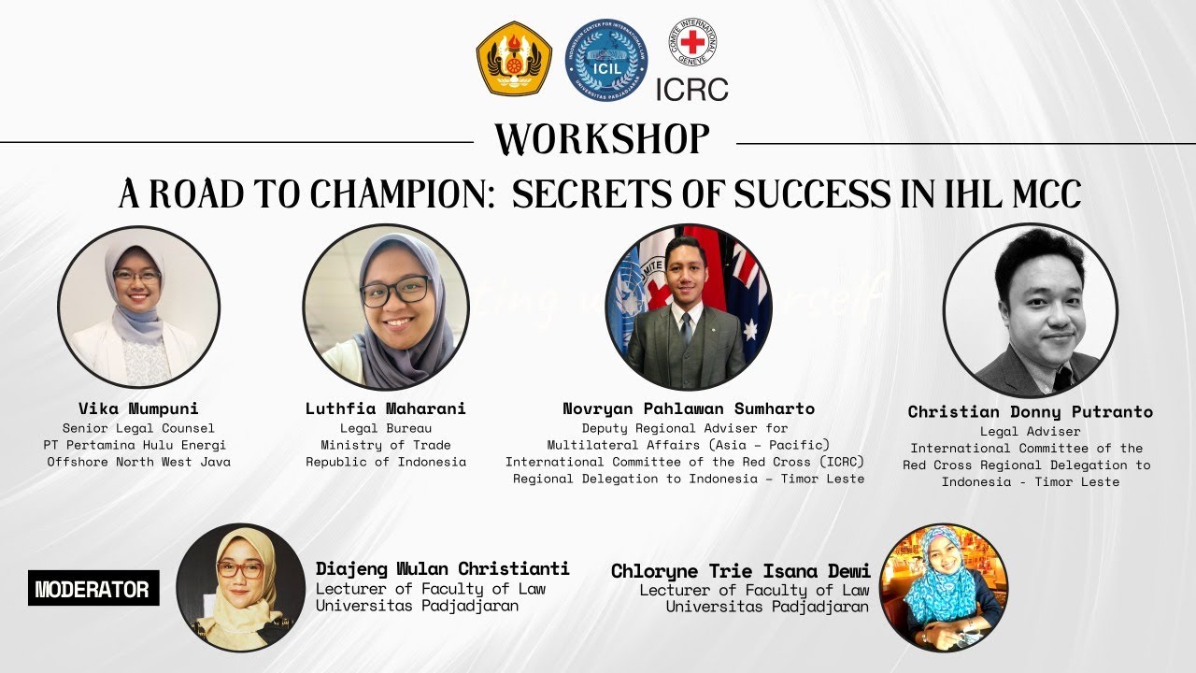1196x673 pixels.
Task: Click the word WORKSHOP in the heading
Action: click(603, 140)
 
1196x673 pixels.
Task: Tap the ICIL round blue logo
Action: click(608, 60)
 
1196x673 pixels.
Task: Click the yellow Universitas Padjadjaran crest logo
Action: click(514, 59)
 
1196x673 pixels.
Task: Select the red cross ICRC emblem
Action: click(692, 43)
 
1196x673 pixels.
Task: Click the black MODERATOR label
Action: click(93, 590)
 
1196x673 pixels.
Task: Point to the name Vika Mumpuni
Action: click(138, 409)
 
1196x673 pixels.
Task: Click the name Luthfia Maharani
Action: click(385, 409)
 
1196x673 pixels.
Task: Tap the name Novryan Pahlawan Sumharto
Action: click(689, 409)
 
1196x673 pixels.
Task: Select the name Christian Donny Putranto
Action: click(1030, 412)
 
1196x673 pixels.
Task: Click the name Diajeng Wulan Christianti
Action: click(442, 568)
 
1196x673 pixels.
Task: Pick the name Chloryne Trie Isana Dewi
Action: click(740, 571)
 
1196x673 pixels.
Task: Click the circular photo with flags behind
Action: click(689, 308)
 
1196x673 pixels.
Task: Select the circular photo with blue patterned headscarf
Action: click(944, 587)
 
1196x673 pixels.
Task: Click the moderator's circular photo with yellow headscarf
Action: click(240, 587)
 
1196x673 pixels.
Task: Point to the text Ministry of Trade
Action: click(385, 445)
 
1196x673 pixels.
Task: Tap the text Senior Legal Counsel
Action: click(138, 428)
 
